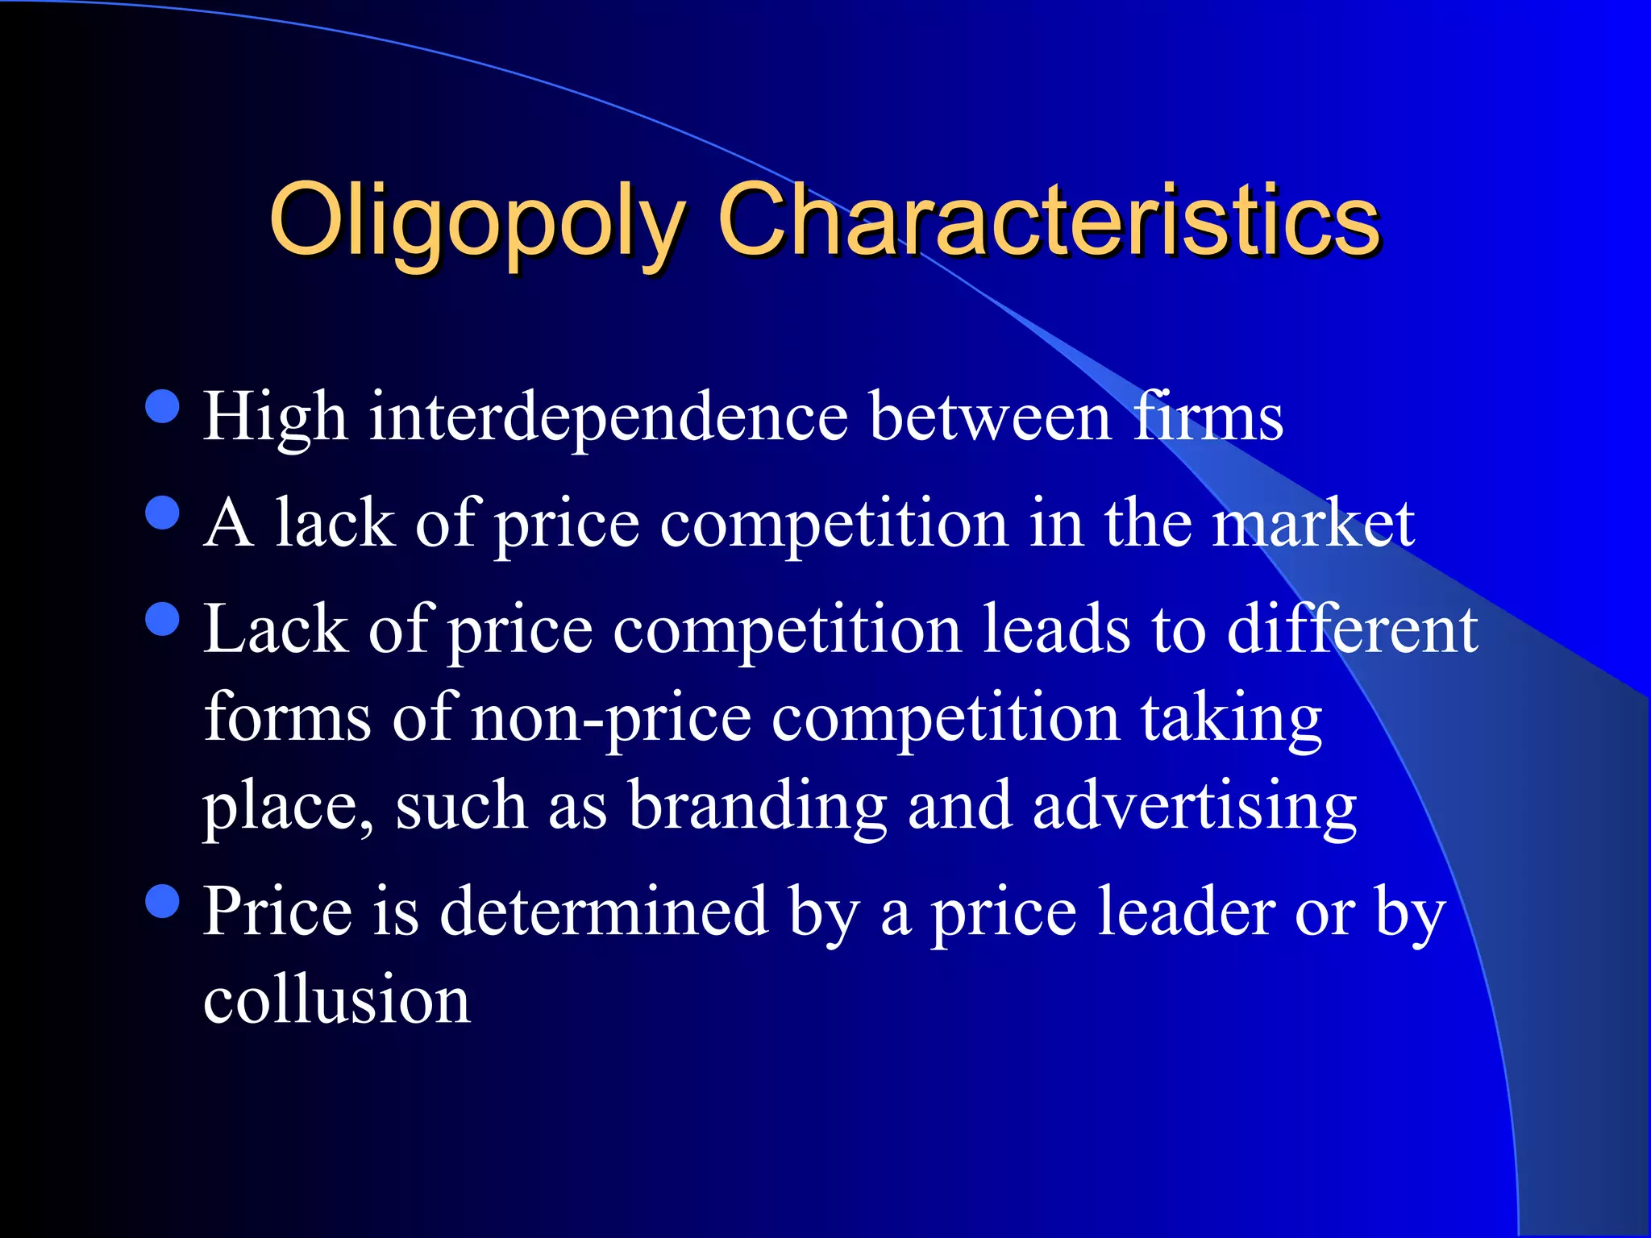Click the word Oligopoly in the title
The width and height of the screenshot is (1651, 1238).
click(x=476, y=222)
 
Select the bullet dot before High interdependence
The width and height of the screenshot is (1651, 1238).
click(x=163, y=406)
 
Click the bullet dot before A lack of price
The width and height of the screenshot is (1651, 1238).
click(x=163, y=513)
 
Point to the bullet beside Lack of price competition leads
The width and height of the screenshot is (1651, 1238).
click(x=163, y=619)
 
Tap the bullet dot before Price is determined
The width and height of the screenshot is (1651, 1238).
click(x=163, y=901)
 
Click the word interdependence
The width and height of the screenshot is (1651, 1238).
click(x=609, y=417)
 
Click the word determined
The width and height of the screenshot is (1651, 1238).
click(x=604, y=912)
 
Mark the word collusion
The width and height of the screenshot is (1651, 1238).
click(x=337, y=1000)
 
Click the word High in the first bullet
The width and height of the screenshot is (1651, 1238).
click(x=275, y=417)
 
